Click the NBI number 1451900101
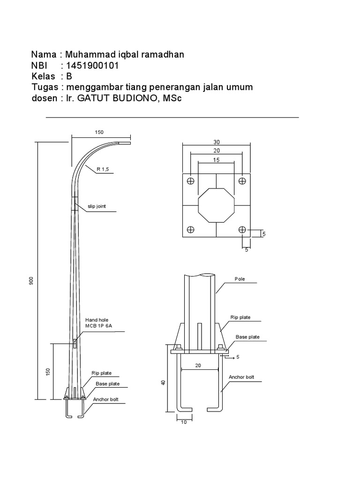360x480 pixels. tap(92, 66)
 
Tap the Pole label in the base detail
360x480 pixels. tap(240, 279)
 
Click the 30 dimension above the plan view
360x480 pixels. tap(217, 142)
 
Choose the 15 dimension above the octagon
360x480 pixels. tap(216, 160)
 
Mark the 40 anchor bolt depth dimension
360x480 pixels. tap(163, 382)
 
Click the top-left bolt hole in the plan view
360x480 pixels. tap(191, 181)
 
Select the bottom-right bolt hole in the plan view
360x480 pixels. tap(242, 230)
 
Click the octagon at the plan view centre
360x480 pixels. tap(216, 205)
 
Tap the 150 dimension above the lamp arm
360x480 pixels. tap(99, 133)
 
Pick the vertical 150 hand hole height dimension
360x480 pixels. tap(48, 371)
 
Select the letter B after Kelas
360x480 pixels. tap(69, 76)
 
